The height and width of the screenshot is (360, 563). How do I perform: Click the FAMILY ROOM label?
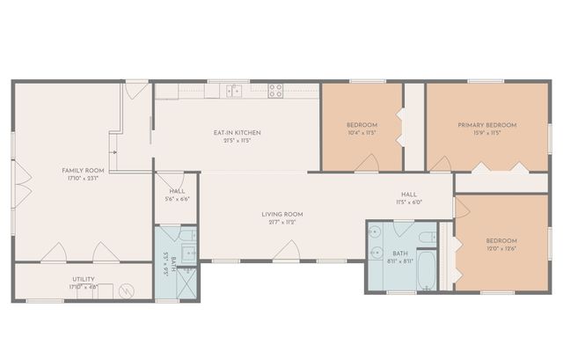click(83, 169)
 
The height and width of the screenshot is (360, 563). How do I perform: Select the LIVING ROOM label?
click(282, 214)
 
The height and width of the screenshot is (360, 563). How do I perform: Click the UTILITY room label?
click(84, 279)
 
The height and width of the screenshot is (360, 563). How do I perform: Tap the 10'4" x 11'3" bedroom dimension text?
click(361, 133)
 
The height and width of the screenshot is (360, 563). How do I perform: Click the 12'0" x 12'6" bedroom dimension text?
click(501, 248)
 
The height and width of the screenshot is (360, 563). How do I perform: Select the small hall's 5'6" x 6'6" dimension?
click(177, 199)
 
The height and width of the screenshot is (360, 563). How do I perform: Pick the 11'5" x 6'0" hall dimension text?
click(409, 202)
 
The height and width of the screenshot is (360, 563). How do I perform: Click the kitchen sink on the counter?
click(234, 89)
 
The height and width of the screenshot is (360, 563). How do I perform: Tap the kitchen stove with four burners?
click(276, 89)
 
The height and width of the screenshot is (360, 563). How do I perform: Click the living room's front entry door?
click(284, 253)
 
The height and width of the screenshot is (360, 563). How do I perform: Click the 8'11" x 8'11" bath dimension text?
click(400, 261)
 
